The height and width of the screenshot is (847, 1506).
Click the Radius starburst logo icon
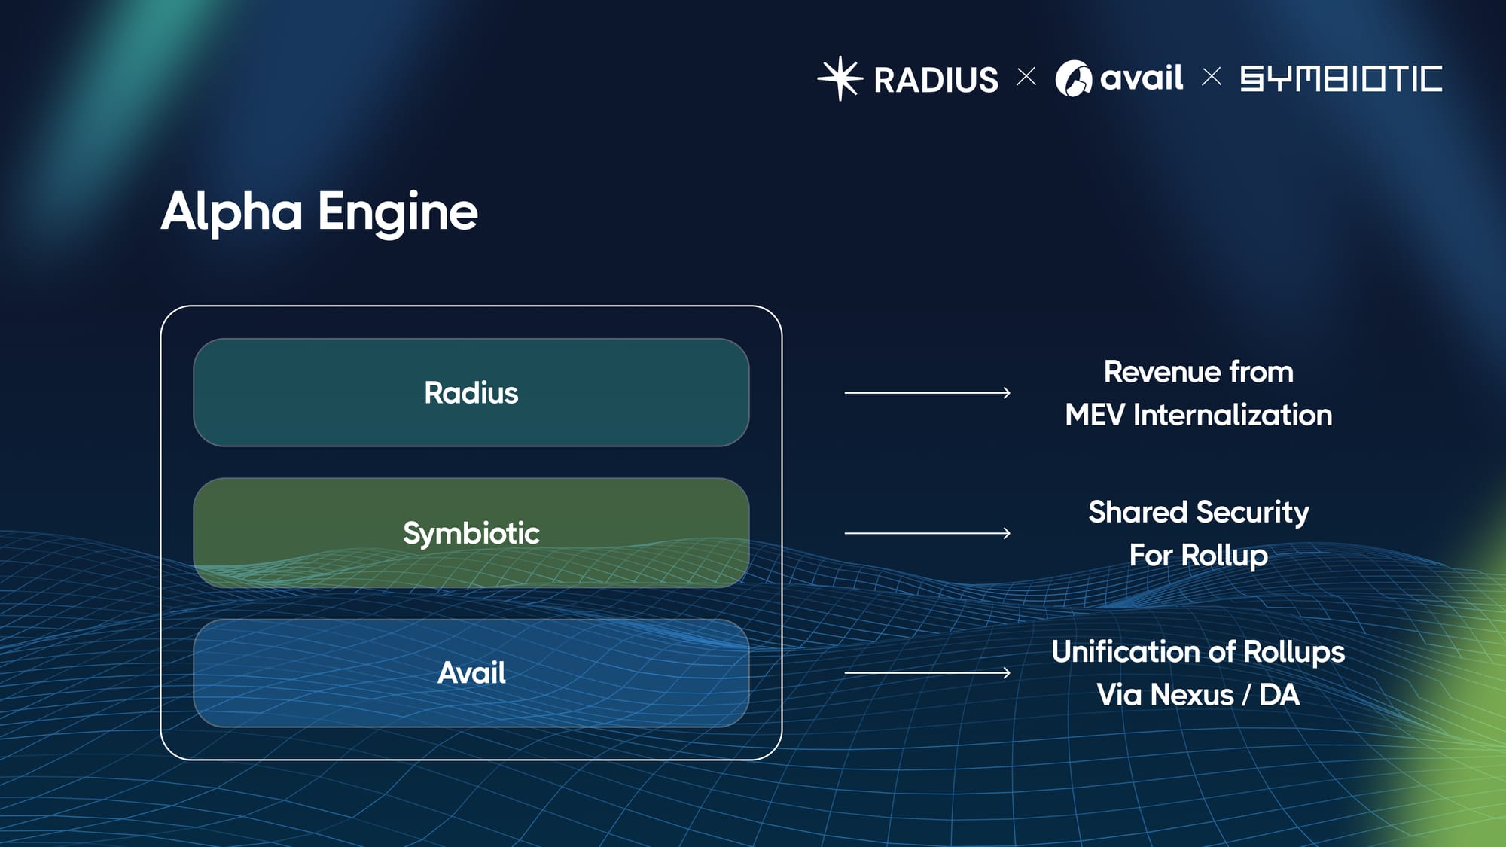click(840, 78)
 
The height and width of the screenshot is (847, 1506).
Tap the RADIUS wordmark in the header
click(936, 80)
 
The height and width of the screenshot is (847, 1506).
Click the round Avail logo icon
click(1073, 78)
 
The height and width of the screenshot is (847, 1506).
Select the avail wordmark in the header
click(1142, 78)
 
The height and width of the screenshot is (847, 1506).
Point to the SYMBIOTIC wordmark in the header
click(1341, 78)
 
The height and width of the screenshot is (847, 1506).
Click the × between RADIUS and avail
click(1026, 77)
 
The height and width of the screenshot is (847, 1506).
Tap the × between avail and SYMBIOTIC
click(1212, 77)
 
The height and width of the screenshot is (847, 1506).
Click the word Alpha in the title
click(232, 212)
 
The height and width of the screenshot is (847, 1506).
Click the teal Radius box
click(471, 392)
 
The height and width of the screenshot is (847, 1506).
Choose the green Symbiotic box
click(471, 533)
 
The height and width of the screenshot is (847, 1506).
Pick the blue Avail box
click(471, 673)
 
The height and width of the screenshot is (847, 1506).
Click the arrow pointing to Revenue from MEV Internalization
click(927, 392)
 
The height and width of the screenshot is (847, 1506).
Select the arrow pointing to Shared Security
click(927, 533)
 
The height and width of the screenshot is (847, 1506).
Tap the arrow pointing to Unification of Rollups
click(927, 673)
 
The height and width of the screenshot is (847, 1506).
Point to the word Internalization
click(1233, 415)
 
